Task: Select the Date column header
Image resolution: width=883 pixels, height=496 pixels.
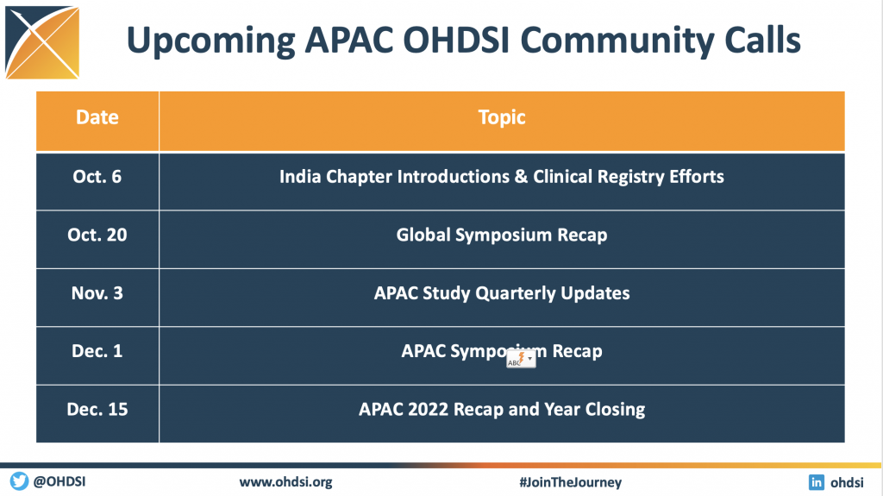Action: click(97, 117)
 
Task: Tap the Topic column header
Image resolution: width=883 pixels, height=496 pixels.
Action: click(502, 117)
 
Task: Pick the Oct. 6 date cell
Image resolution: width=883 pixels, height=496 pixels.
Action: click(97, 177)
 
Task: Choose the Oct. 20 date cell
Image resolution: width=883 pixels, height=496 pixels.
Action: click(97, 235)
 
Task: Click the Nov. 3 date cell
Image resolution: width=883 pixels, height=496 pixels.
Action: click(97, 293)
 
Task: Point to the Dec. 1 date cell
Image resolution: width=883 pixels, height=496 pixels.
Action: click(97, 351)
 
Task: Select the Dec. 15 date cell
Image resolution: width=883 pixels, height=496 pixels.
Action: click(97, 409)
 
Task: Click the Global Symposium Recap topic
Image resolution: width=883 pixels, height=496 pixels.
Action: click(502, 235)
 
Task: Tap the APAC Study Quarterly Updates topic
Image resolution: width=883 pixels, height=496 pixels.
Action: click(502, 293)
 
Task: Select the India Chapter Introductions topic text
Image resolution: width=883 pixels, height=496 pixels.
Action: click(502, 177)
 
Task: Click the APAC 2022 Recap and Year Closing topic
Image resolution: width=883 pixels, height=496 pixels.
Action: click(502, 409)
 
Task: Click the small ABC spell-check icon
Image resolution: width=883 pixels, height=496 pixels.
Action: click(520, 360)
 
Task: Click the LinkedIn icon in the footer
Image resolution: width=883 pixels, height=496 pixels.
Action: click(816, 482)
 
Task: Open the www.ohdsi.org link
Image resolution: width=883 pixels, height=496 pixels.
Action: click(285, 482)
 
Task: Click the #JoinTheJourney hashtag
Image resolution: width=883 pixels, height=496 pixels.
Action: click(570, 482)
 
